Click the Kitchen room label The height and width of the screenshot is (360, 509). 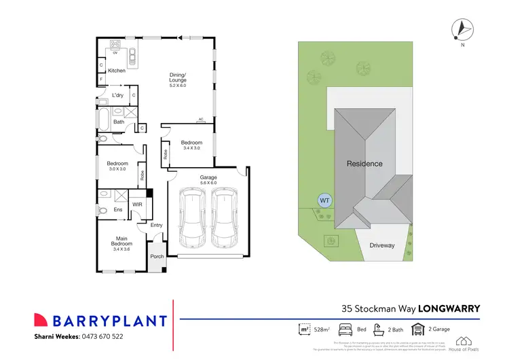click(117, 71)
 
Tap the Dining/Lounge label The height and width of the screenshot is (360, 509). click(178, 80)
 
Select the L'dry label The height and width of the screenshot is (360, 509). click(117, 95)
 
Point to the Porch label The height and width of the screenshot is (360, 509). click(157, 256)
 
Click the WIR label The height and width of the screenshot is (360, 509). click(136, 203)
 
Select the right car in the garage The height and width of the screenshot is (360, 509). click(224, 217)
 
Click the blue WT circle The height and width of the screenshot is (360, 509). click(324, 200)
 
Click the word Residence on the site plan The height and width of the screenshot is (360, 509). click(364, 164)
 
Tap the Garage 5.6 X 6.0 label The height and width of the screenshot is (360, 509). click(208, 179)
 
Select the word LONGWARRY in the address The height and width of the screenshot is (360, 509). click(449, 308)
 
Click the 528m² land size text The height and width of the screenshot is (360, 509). click(320, 329)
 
